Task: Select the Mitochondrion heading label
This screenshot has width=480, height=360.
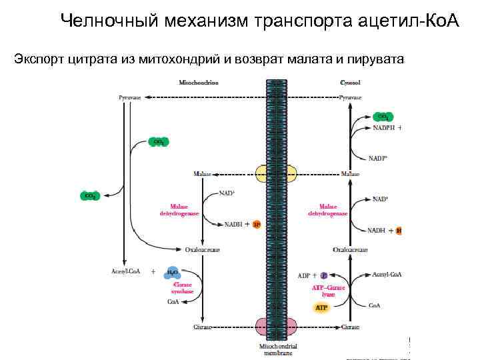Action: coord(198,83)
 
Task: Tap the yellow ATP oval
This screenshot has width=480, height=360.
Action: coord(322,307)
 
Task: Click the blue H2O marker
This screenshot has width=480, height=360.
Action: coord(172,272)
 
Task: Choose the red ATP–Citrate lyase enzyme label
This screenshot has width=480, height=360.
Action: coord(329,291)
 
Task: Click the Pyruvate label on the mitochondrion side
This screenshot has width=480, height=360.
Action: coord(130,97)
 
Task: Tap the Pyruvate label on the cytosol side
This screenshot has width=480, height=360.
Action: coord(351,97)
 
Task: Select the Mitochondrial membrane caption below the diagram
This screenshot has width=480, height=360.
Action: coord(278,350)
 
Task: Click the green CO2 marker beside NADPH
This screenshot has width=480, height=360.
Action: coord(383,116)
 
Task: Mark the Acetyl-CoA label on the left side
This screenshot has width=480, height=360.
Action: coord(125,271)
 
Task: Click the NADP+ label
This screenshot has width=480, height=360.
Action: coord(378,159)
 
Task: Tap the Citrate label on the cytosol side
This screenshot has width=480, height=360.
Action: coord(350,327)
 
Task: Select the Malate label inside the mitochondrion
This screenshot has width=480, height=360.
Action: coord(202,173)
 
